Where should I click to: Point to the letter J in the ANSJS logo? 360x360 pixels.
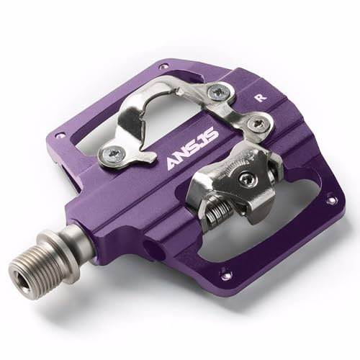point(202,143)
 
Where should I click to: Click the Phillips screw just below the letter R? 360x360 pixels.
point(258,125)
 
